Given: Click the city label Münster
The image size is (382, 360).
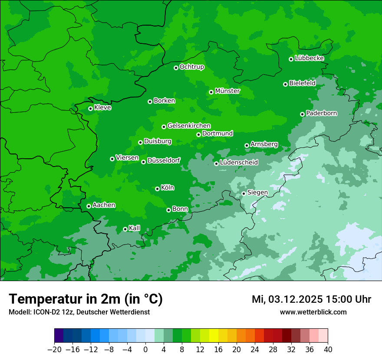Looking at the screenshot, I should [227, 91].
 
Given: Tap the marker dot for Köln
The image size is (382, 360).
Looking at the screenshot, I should [157, 189].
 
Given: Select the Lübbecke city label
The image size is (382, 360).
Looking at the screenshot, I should [309, 58].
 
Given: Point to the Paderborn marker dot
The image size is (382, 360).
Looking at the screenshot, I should [302, 114].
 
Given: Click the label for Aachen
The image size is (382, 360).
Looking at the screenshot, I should [104, 205].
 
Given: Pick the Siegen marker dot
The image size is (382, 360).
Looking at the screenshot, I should [244, 193].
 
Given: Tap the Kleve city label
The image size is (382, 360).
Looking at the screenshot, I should [102, 108].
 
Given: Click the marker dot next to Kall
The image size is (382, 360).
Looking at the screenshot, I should [125, 229].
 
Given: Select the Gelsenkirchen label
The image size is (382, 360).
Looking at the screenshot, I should [189, 126].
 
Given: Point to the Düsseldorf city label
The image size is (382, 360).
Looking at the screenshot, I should [164, 160].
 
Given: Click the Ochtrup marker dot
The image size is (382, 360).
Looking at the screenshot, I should [176, 68].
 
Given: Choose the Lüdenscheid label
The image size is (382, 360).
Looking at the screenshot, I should [239, 163].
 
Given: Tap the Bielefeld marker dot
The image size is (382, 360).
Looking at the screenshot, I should [285, 84].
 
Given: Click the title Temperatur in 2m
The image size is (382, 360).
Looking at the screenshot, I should [86, 299].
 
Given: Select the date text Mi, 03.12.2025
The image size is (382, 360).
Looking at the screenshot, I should [286, 299].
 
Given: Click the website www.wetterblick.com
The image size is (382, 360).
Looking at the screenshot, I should [313, 312].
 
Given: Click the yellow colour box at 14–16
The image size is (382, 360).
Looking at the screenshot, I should [214, 336].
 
